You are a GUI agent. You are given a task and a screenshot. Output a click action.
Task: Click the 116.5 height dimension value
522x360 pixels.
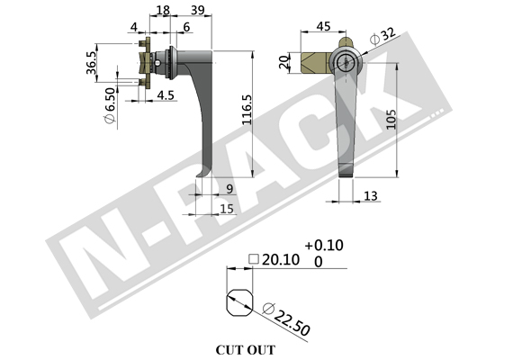247,110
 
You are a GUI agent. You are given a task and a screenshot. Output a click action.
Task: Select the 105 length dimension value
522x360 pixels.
391,119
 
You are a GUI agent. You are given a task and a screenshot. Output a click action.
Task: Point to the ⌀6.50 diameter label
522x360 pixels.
110,105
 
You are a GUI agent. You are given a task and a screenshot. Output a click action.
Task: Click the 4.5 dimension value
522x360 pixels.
166,95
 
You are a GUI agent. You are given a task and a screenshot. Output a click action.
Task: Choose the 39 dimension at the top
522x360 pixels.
198,10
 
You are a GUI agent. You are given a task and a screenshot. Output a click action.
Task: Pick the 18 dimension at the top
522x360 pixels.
163,10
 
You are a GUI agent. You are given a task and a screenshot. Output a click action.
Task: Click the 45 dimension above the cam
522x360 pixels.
323,26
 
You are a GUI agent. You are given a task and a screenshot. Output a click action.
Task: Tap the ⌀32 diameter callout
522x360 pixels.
383,36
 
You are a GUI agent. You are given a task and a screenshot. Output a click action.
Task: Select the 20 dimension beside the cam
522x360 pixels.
284,62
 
